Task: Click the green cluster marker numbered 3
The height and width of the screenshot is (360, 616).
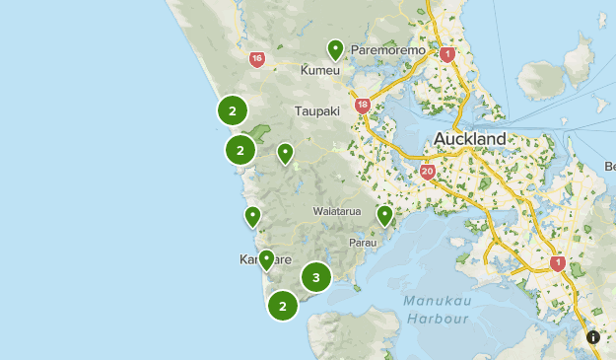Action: pyautogui.click(x=315, y=277)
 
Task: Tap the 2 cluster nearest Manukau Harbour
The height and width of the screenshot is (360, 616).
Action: pyautogui.click(x=283, y=306)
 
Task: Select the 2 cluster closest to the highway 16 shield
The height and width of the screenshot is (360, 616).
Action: pyautogui.click(x=233, y=110)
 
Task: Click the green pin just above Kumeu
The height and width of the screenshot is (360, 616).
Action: pyautogui.click(x=336, y=49)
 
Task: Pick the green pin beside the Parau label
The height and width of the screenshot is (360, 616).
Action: pyautogui.click(x=385, y=215)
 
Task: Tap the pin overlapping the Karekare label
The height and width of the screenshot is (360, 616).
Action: pyautogui.click(x=266, y=259)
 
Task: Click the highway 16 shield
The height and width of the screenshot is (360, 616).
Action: pyautogui.click(x=257, y=59)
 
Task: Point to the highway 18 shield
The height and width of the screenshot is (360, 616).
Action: pyautogui.click(x=363, y=105)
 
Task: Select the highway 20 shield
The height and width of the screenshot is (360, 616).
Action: pyautogui.click(x=428, y=171)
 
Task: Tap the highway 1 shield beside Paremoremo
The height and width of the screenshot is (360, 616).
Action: pyautogui.click(x=447, y=54)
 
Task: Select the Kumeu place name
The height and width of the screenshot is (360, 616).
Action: pyautogui.click(x=320, y=71)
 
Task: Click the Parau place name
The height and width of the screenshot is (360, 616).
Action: pyautogui.click(x=363, y=242)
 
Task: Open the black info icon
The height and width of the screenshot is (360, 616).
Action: pyautogui.click(x=593, y=337)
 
